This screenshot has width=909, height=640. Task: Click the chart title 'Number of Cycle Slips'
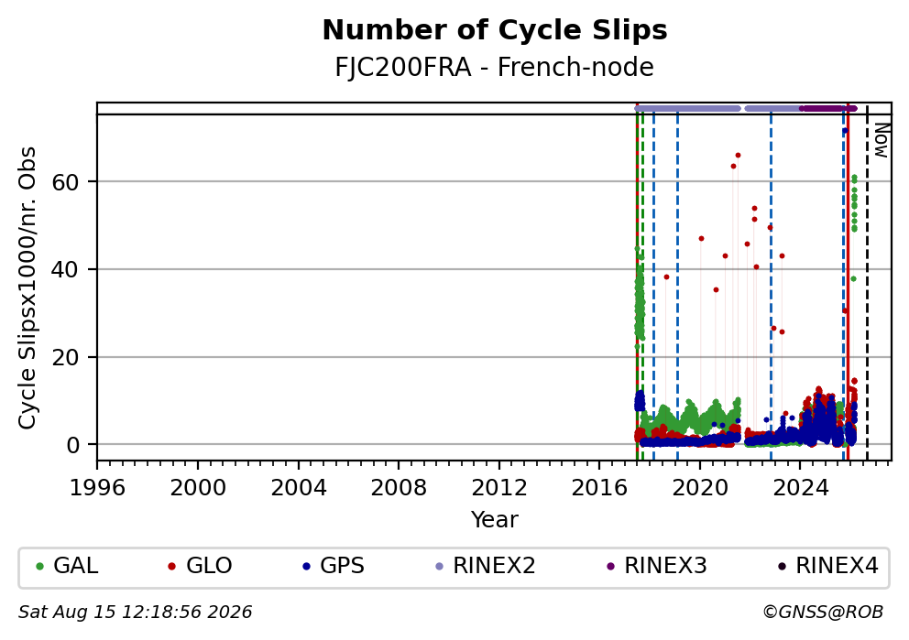coord(495,30)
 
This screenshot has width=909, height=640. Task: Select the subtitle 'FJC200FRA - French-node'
coord(495,67)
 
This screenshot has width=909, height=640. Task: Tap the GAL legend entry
coord(67,566)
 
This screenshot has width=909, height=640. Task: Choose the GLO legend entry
coord(200,566)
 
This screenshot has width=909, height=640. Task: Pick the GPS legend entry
coord(334,566)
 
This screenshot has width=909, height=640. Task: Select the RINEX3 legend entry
coord(657,566)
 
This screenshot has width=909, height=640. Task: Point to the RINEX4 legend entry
coord(827,566)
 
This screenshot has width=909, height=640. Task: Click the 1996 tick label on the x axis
coord(97,488)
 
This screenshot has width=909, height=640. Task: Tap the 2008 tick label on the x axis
coord(399,488)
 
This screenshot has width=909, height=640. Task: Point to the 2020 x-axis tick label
coord(700,488)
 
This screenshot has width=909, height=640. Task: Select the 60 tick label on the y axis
coord(65,182)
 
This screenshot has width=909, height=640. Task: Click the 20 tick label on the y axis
coord(65,357)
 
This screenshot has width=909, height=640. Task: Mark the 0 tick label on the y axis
coord(72,445)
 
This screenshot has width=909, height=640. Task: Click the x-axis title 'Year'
coord(495,519)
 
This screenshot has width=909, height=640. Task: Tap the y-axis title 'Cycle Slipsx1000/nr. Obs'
coord(27,287)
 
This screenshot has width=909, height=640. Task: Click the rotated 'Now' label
coord(882,140)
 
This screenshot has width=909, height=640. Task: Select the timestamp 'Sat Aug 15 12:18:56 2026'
coord(135,613)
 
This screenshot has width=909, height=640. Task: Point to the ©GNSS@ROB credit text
coord(823,613)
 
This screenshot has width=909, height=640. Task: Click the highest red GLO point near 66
coord(738,156)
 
